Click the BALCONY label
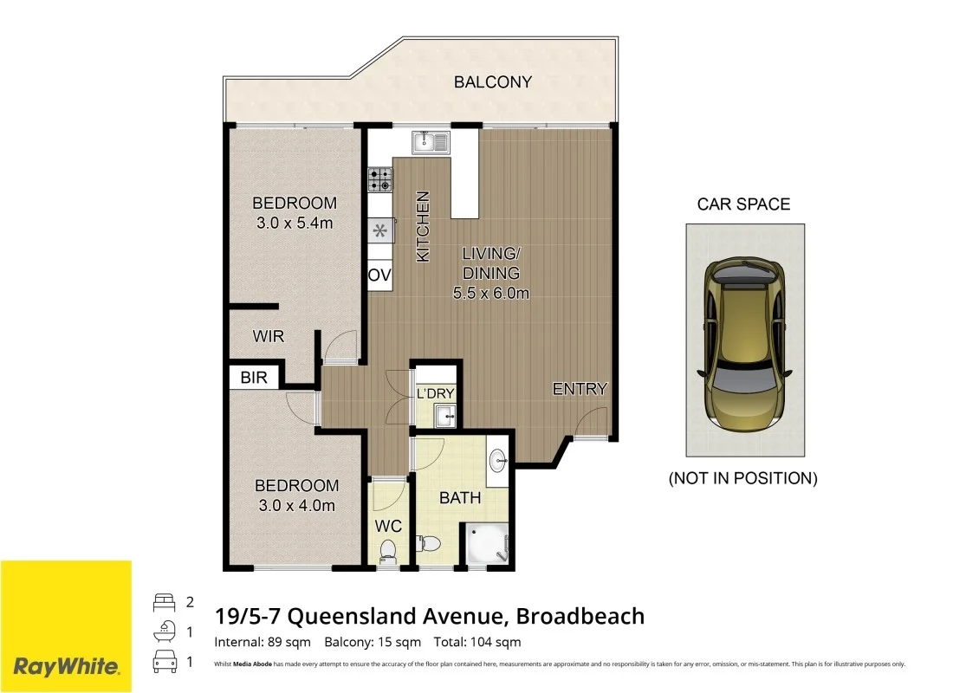(x=493, y=82)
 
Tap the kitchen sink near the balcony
(x=430, y=142)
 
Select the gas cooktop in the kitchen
(x=379, y=179)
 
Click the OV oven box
(x=379, y=275)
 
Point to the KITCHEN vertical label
(x=424, y=227)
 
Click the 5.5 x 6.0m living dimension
(x=491, y=293)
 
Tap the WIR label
(x=268, y=336)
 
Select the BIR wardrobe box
(x=255, y=378)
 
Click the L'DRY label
(x=435, y=393)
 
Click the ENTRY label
(x=580, y=389)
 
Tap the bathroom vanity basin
(x=499, y=459)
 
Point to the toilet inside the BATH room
(x=429, y=544)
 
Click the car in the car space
(x=744, y=340)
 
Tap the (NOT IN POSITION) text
(x=743, y=478)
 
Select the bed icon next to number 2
(x=164, y=602)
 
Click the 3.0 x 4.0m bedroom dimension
(x=295, y=506)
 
